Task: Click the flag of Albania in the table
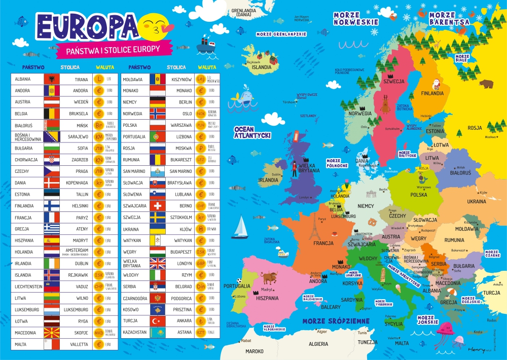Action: click(52, 79)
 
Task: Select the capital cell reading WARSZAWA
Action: click(180, 125)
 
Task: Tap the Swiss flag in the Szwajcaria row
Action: click(158, 206)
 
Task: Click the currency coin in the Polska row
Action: click(201, 125)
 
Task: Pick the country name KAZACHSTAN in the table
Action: click(134, 333)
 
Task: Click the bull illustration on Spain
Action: click(269, 277)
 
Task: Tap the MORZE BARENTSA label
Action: click(449, 19)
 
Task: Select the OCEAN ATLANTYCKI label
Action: click(251, 132)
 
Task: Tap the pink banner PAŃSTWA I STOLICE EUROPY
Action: click(110, 50)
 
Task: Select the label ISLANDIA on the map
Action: click(262, 66)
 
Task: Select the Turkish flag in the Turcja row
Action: click(158, 321)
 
